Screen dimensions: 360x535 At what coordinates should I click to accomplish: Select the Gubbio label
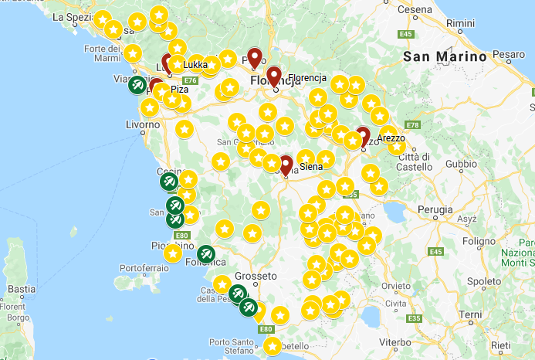pos(462,164)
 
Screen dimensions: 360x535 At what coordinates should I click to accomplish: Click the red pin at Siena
pos(286,165)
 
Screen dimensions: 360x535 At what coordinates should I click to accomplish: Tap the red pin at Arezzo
pos(363,135)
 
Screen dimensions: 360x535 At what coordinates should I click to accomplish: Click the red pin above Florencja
pos(273,76)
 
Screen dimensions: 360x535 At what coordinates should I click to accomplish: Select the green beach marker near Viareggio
pos(137,84)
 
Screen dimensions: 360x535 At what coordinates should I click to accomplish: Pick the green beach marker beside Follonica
pos(205,253)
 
